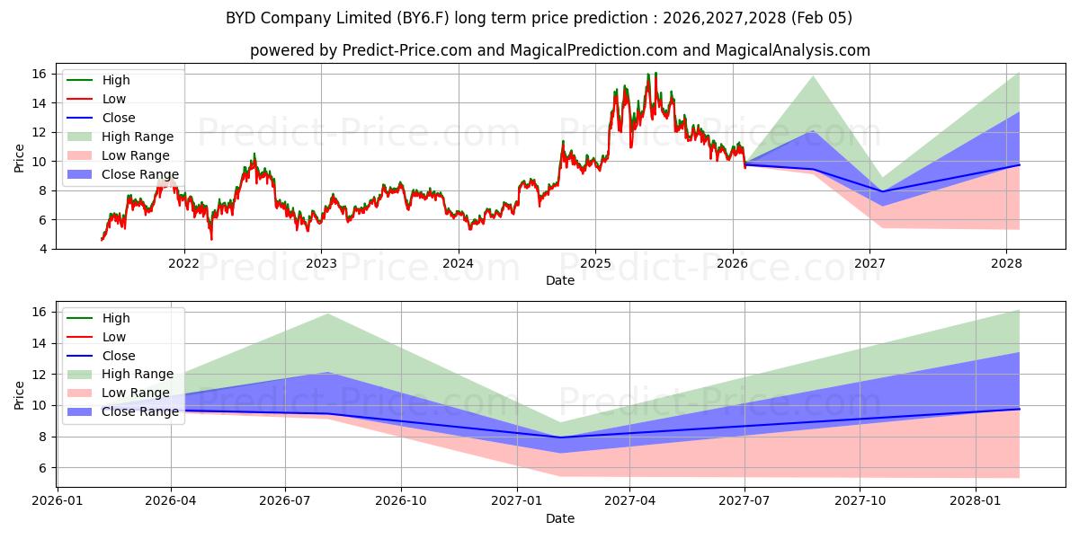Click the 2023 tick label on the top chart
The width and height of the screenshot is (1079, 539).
click(321, 263)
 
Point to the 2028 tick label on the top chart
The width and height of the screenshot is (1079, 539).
click(1006, 263)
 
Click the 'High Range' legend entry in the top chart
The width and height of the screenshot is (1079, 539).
click(139, 137)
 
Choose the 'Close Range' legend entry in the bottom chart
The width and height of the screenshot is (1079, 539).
click(139, 412)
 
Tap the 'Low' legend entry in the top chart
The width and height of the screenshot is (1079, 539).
click(114, 99)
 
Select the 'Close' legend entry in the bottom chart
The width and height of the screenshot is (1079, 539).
click(119, 356)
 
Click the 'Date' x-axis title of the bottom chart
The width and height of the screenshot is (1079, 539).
click(560, 518)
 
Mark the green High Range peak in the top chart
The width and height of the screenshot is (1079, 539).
click(813, 75)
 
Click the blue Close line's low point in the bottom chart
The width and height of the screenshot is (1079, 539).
click(560, 437)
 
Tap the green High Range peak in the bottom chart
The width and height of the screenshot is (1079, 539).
click(328, 314)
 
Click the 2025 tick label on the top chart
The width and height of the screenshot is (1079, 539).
click(595, 263)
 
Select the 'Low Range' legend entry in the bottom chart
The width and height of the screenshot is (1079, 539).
click(136, 393)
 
